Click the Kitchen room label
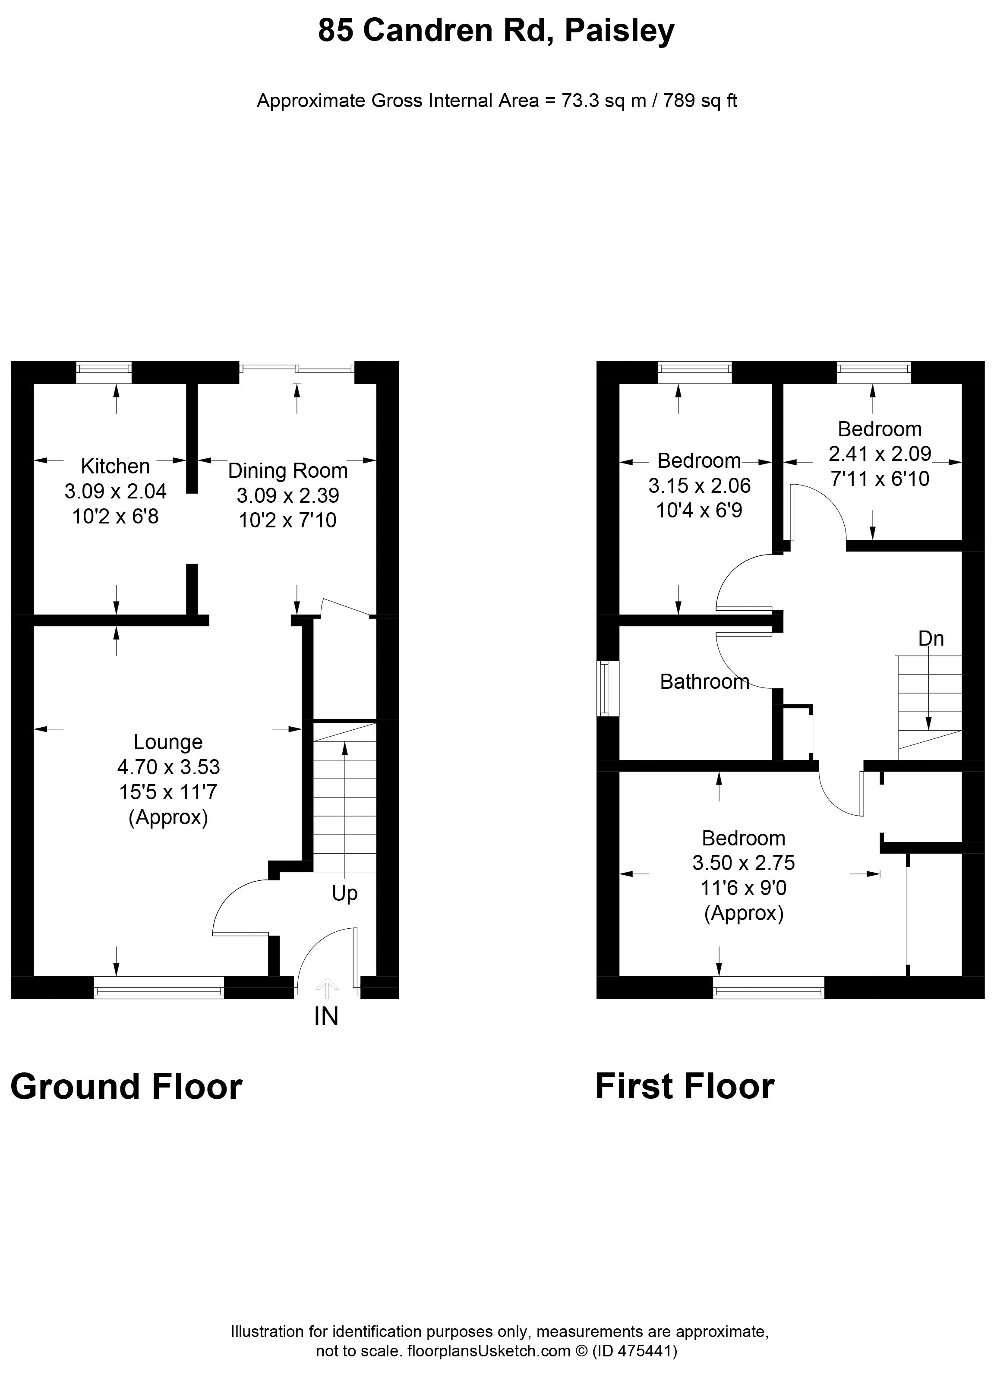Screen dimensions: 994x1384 [x=115, y=466]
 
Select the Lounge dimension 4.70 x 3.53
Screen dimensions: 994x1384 [x=168, y=766]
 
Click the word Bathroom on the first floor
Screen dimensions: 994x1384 [x=705, y=681]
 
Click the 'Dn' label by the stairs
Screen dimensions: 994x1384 [x=931, y=638]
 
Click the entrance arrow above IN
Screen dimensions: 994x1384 [x=326, y=988]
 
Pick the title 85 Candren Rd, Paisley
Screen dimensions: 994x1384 [x=496, y=31]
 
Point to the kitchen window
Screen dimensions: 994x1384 [x=104, y=372]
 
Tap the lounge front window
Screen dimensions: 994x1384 [x=159, y=987]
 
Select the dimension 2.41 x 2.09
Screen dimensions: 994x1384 [x=880, y=454]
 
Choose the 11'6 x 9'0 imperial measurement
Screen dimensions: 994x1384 [x=743, y=888]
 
